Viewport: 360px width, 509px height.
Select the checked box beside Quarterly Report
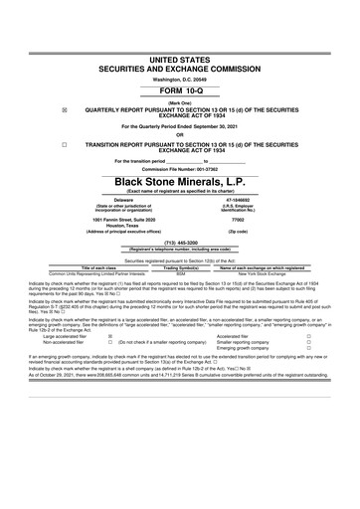[x=37, y=85]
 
